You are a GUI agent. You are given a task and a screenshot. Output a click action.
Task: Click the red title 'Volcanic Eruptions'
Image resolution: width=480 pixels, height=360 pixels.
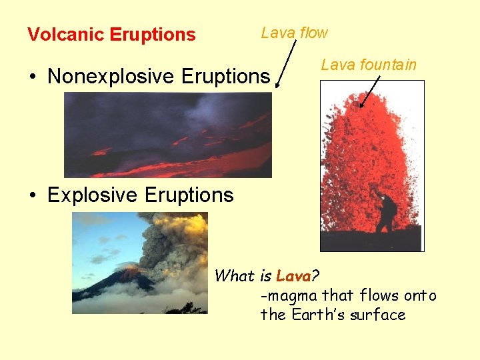click(x=111, y=35)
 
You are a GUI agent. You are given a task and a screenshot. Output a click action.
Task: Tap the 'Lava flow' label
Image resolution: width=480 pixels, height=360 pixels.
click(x=294, y=32)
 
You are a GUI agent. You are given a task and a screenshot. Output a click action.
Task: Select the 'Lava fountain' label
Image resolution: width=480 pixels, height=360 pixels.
click(x=368, y=65)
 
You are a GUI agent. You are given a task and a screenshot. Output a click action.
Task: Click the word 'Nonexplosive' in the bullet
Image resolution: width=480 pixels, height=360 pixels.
click(x=111, y=76)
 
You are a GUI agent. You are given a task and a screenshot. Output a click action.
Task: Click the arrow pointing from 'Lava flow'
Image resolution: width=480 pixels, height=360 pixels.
click(x=285, y=63)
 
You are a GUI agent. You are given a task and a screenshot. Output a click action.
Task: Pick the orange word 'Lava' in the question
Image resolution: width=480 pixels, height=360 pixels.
click(x=293, y=275)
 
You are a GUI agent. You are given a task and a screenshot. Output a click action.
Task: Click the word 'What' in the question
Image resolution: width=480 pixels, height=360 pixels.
click(x=235, y=275)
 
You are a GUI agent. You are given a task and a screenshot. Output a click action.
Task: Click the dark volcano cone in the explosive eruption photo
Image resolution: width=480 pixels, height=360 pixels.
click(x=113, y=283)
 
